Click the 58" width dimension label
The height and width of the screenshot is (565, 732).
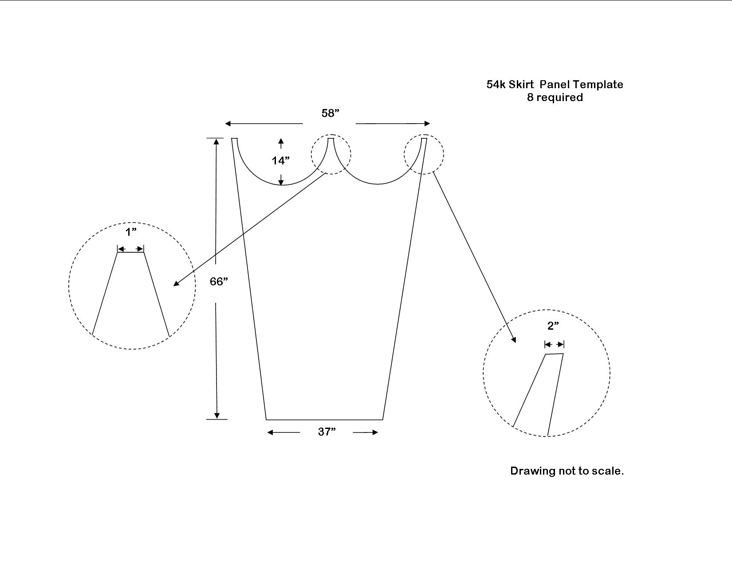pos(330,113)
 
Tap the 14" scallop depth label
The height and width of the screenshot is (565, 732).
pos(281,160)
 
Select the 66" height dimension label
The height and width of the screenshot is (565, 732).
pos(219,281)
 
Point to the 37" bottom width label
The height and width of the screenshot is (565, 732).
pos(327,432)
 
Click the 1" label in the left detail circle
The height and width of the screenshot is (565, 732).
pos(131,231)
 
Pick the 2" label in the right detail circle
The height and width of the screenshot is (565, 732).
pos(553,325)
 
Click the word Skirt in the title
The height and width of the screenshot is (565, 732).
pos(521,84)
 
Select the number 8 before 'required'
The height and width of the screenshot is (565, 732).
pos(530,97)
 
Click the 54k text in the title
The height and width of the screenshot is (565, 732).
pos(496,84)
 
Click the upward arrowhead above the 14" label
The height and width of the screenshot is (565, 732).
pos(281,141)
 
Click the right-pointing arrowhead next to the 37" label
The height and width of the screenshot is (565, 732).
pos(374,433)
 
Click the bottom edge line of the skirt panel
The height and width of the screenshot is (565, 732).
pos(324,420)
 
